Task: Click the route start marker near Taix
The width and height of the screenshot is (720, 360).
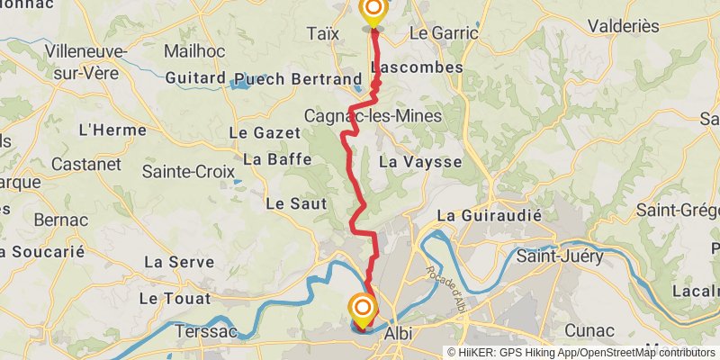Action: (x=372, y=11)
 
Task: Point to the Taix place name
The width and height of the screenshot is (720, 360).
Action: (x=323, y=33)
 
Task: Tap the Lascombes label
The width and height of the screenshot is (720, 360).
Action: (x=416, y=67)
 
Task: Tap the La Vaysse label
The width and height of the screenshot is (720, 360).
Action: (x=420, y=162)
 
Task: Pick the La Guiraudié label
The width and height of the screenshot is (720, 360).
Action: (x=490, y=216)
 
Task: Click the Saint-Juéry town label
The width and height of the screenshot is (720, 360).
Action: (x=559, y=256)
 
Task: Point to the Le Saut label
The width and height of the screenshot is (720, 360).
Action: (x=295, y=203)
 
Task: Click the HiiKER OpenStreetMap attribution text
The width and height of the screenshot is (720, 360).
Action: (x=580, y=353)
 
